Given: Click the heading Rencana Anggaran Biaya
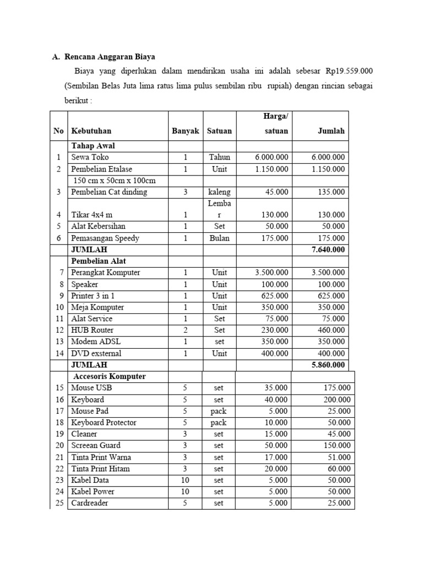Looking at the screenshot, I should click(x=110, y=56).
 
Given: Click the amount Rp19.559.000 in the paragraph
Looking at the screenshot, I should click(x=349, y=71).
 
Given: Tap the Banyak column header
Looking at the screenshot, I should click(x=185, y=131).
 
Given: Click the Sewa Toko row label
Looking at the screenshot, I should click(x=90, y=157).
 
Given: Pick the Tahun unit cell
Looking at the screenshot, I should click(x=219, y=157).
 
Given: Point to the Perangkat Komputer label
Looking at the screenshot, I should click(x=106, y=273).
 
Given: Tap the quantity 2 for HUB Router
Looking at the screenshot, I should click(x=186, y=330).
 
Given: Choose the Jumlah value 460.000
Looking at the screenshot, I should click(x=331, y=330).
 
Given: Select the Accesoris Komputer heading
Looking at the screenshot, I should click(x=110, y=376).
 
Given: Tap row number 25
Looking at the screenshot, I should click(x=59, y=503).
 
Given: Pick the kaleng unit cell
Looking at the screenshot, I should click(x=219, y=192).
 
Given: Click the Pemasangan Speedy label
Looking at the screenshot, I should click(x=105, y=238).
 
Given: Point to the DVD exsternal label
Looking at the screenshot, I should click(x=96, y=353).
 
